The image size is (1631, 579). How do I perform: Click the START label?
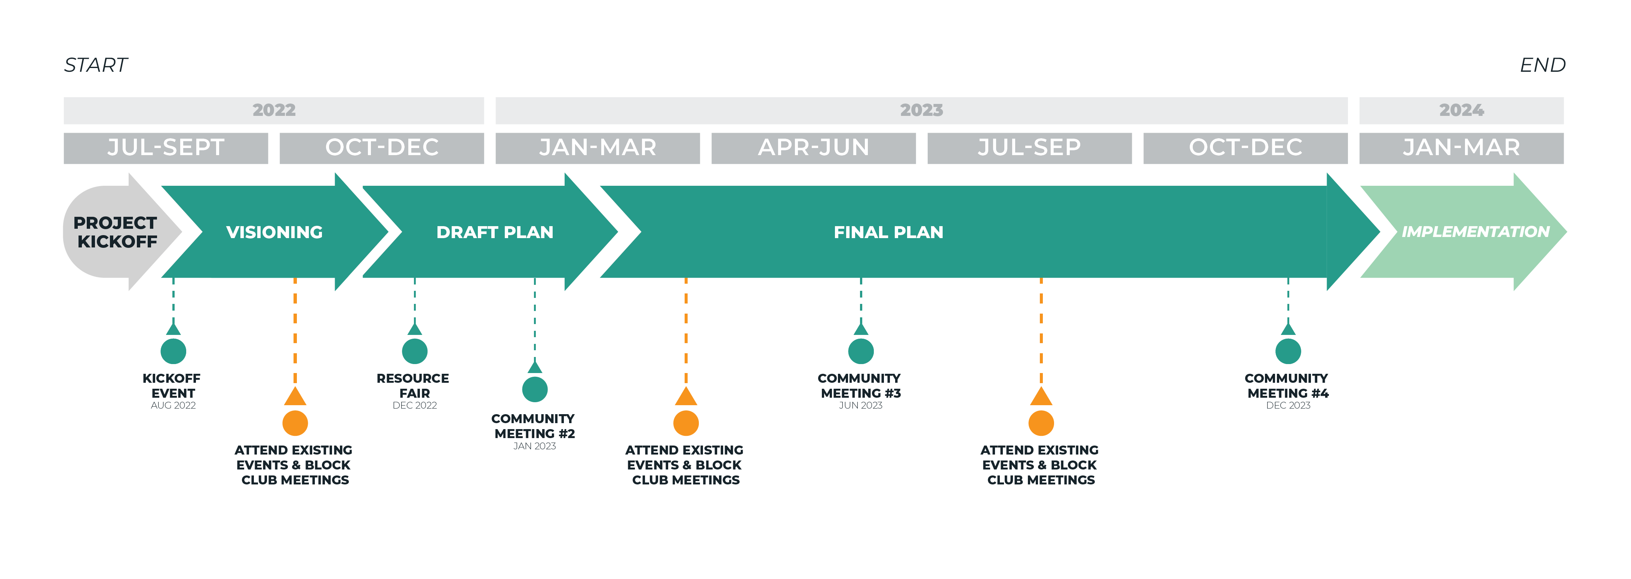(x=96, y=65)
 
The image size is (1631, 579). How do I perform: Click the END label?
(x=1542, y=65)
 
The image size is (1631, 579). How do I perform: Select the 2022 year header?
(x=274, y=110)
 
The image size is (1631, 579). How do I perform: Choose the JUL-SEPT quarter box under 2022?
(x=166, y=147)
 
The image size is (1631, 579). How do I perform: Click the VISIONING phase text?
(x=274, y=232)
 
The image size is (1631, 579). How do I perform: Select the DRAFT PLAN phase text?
(x=494, y=232)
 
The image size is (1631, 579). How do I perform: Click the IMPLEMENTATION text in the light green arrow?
(x=1475, y=232)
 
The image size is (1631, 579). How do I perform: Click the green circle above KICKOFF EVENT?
(x=173, y=351)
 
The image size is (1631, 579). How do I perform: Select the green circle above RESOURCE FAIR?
(x=415, y=351)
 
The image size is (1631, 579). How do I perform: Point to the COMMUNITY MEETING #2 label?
(x=533, y=426)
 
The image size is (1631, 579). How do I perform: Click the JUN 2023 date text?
(x=860, y=406)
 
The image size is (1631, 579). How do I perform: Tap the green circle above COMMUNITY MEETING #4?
(x=1288, y=351)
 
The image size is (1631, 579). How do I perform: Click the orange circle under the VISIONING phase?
(x=295, y=423)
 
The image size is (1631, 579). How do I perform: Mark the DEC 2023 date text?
(x=1288, y=406)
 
